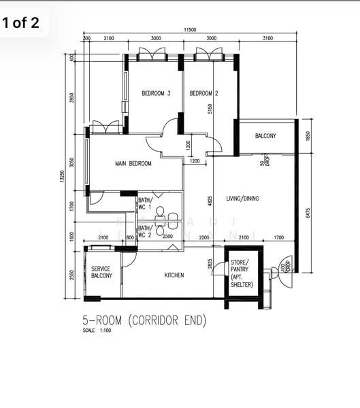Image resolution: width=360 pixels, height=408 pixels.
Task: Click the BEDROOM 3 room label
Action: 156,94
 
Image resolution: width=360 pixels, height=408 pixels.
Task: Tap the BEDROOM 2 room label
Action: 203,94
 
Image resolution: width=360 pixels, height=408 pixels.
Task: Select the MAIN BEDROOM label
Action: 133,163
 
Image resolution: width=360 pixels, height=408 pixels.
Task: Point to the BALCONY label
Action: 265,136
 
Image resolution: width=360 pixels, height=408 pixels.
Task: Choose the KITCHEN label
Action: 174,275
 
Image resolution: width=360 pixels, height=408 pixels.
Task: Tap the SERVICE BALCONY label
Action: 101,272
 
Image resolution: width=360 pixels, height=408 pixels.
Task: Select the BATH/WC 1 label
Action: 146,203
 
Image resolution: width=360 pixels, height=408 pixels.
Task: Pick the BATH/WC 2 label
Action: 146,231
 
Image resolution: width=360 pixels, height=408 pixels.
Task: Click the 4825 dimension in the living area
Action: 210,202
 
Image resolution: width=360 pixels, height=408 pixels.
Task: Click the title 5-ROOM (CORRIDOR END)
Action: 144,320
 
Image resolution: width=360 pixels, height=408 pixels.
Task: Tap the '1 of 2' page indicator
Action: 21,23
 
